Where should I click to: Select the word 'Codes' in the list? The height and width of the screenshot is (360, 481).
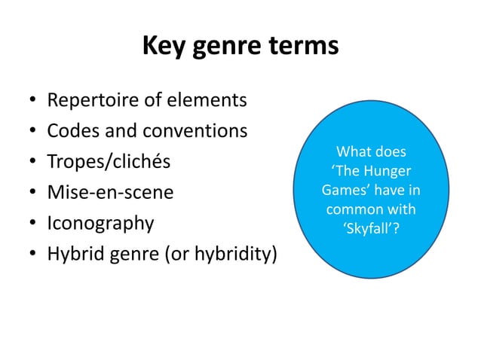click(70, 131)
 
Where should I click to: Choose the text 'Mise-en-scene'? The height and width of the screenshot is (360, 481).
click(110, 193)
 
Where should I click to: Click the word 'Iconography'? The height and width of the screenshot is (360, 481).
click(101, 224)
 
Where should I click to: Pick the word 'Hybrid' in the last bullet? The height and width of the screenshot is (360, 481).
click(75, 255)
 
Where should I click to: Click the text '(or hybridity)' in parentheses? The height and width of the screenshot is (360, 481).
click(219, 255)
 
